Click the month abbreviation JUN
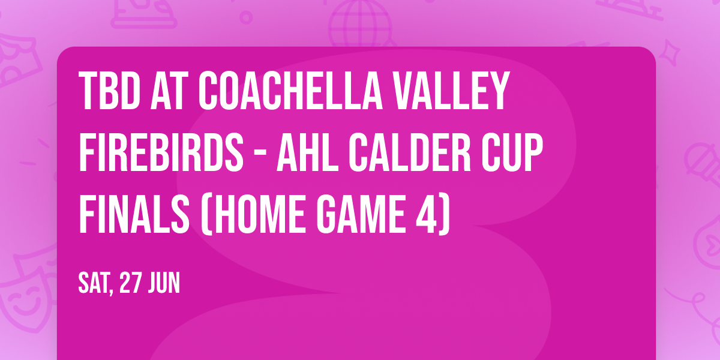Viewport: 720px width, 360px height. coord(166,283)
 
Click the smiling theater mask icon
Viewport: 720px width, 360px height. coord(23,291)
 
